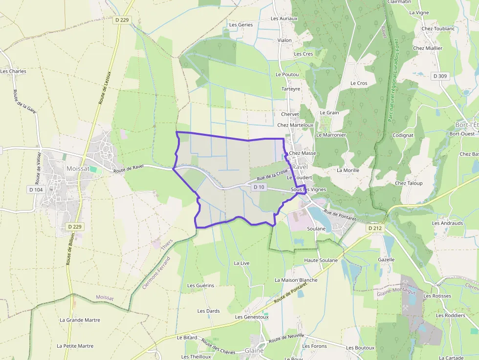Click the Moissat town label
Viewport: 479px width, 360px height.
tap(79, 169)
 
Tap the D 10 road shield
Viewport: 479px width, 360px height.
tap(259, 187)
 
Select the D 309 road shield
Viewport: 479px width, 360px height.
tap(440, 76)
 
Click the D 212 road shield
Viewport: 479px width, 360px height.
tap(375, 228)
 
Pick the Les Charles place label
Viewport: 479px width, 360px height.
tap(13, 71)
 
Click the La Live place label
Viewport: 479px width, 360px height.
tap(241, 263)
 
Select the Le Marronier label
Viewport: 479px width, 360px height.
tap(331, 135)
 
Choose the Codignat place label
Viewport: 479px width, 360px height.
tap(403, 135)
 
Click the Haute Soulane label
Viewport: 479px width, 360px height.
tap(321, 260)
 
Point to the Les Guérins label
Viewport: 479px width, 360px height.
tap(200, 285)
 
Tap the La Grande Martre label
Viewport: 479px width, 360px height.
tap(80, 320)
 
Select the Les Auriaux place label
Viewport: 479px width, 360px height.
tap(284, 19)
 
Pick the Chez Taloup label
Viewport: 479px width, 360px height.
tap(408, 183)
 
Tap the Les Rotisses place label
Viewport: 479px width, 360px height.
tap(437, 296)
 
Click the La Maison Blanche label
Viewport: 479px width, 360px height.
tap(296, 280)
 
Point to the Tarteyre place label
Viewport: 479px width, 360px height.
tap(291, 89)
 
